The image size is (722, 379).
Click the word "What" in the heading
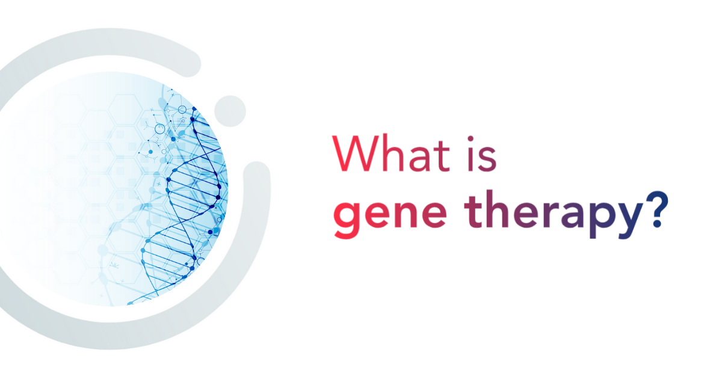tap(391, 154)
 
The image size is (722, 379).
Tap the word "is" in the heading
tap(482, 154)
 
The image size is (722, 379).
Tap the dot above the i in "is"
tap(471, 139)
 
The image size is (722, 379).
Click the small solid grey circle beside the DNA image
tap(230, 111)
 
